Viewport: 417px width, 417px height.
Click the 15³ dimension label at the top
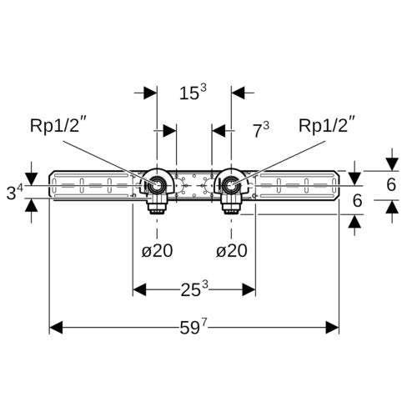(193, 92)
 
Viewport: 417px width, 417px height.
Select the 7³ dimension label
(261, 130)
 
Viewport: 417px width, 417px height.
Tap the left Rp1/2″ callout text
(57, 126)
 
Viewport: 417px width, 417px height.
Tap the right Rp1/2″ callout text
(327, 126)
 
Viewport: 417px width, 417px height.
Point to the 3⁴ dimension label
(15, 192)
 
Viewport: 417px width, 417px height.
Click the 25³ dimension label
(194, 289)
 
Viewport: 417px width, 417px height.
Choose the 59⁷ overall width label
(193, 327)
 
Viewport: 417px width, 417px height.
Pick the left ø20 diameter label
(157, 251)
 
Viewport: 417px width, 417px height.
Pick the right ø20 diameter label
(232, 251)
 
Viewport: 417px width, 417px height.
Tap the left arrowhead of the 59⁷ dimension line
(56, 327)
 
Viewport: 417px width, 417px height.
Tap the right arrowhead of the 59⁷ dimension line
(333, 327)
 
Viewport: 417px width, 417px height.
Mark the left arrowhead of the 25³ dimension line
(139, 289)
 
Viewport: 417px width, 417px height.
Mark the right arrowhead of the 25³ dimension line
(249, 289)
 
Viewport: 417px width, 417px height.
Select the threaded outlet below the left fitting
(158, 208)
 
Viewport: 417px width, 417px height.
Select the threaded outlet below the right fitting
(232, 208)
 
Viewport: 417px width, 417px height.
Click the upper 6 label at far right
(391, 184)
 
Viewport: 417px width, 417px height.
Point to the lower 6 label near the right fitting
(357, 200)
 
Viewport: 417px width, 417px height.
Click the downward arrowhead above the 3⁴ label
(32, 178)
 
